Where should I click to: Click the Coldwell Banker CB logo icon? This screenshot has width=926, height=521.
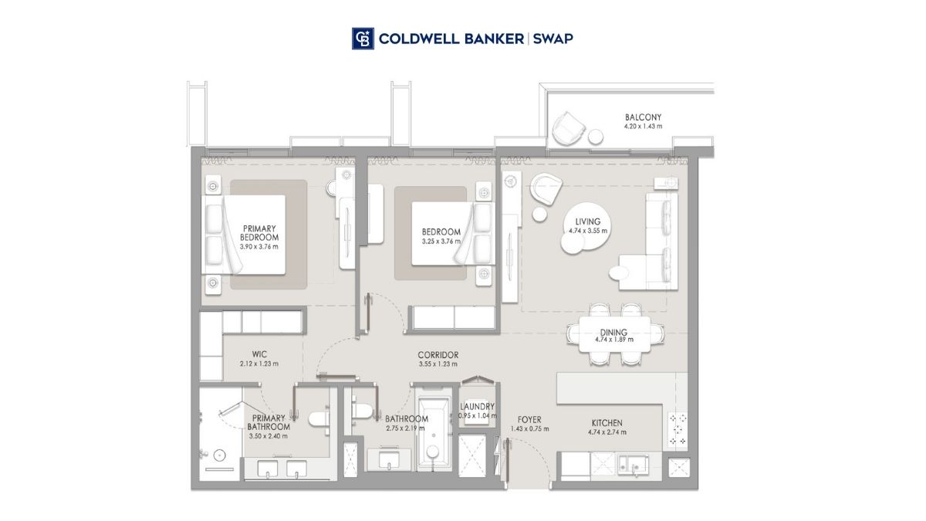coord(363,39)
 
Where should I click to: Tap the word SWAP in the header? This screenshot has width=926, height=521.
coord(553,39)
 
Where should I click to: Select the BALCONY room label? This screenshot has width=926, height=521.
coord(643,117)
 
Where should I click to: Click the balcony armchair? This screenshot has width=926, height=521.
coord(569,128)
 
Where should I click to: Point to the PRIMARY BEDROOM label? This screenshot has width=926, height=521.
coord(259,233)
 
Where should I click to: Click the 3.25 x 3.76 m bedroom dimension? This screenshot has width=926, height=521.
coord(441,241)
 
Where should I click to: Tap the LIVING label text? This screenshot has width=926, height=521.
coord(588,222)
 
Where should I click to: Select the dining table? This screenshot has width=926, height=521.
coord(615,334)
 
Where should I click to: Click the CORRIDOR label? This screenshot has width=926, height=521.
coord(438,355)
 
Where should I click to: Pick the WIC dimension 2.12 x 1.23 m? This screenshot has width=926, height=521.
coord(259,364)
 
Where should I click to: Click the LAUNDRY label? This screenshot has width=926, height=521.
coord(478,407)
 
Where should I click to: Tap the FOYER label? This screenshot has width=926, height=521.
coord(529,420)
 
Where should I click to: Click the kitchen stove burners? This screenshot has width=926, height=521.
coord(678,430)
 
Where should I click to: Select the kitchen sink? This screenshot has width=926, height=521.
coord(633,465)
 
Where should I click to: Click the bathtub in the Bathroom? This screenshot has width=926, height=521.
coord(433,434)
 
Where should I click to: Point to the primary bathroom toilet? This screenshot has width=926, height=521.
coord(319,418)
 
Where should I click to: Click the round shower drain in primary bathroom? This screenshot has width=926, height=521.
coord(219,455)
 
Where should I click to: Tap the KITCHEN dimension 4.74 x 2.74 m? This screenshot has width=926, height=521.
coord(607,432)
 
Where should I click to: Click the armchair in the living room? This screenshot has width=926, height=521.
coord(546,189)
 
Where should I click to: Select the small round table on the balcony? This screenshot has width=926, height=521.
coord(596,137)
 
